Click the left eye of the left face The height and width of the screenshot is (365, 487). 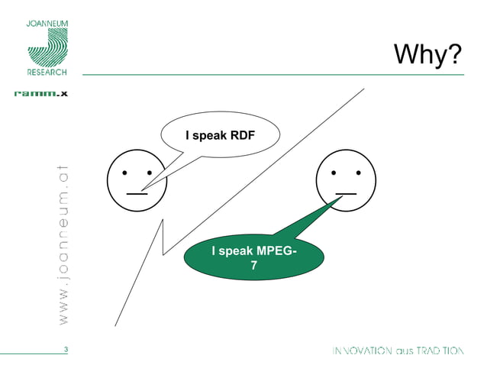point(124,173)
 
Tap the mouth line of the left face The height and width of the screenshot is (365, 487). point(137,194)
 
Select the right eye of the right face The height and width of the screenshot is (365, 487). point(357,173)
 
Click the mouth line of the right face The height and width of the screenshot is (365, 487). point(345,194)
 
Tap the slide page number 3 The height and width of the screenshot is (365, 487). point(66,350)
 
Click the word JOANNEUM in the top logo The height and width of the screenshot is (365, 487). point(47,24)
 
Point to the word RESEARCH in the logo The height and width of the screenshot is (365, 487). point(47,73)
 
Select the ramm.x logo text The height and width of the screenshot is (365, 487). point(41,94)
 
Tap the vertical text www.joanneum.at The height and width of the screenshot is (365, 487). point(63,242)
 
